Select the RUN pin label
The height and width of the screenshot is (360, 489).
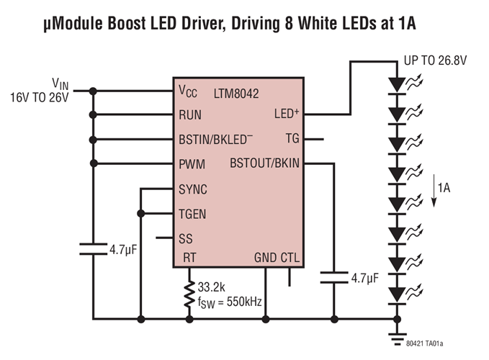click(x=190, y=115)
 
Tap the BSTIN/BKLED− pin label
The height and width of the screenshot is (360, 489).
click(x=215, y=140)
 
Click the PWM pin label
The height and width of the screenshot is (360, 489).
click(x=192, y=165)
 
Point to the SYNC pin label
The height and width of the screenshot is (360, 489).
click(x=193, y=189)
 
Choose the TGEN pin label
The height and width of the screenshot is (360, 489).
click(x=193, y=214)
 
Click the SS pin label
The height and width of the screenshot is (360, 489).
click(x=186, y=238)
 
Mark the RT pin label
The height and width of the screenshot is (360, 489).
click(x=189, y=258)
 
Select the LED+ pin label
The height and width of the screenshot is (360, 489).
click(x=288, y=114)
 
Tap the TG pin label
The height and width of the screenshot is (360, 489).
click(x=292, y=138)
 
